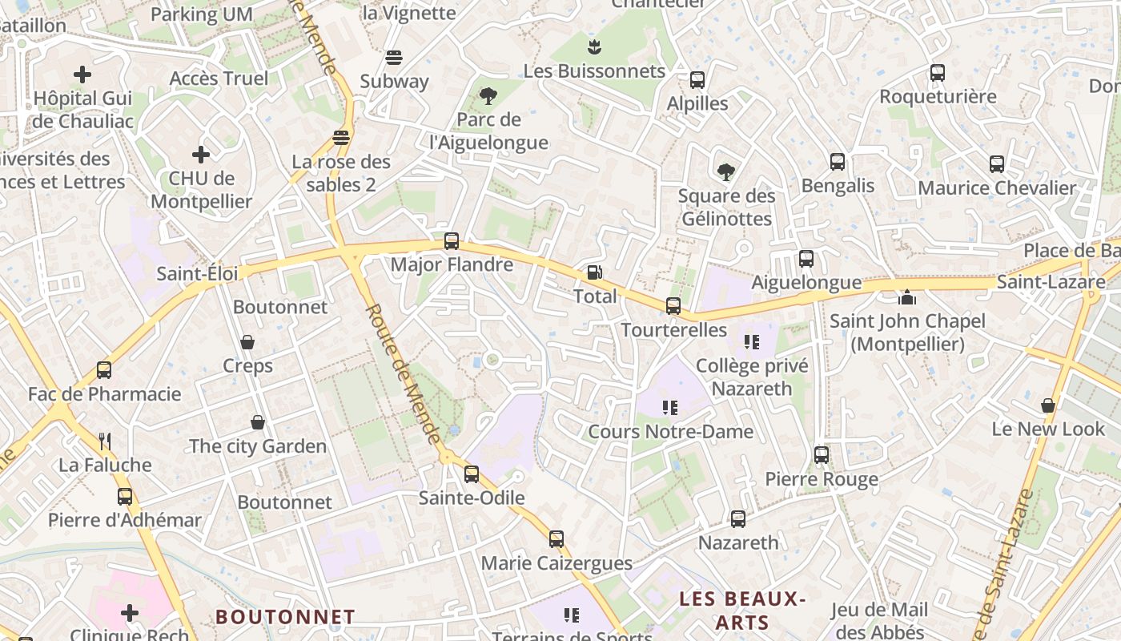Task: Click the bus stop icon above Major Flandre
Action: click(x=452, y=240)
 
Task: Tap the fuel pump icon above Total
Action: click(x=594, y=272)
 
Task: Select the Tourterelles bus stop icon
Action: click(x=673, y=305)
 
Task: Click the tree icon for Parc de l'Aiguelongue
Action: click(x=488, y=96)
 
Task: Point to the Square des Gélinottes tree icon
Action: click(x=726, y=171)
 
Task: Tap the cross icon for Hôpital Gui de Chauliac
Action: click(x=82, y=75)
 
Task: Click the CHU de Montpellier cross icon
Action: click(x=201, y=154)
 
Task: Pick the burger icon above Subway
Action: click(x=393, y=57)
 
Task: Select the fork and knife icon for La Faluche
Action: click(x=104, y=441)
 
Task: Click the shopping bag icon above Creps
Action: click(x=247, y=342)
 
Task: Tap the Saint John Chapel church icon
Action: click(x=907, y=297)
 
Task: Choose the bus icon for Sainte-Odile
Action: click(x=472, y=474)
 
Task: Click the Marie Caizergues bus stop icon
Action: click(x=556, y=539)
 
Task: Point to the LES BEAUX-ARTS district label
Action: click(x=742, y=610)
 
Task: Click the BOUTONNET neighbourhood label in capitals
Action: click(x=285, y=616)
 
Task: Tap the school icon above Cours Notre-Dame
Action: click(x=670, y=407)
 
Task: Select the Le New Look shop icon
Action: click(x=1047, y=405)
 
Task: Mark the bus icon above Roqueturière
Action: click(x=938, y=73)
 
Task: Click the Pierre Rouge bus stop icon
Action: click(x=822, y=455)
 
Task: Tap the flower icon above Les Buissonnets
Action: click(x=594, y=46)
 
